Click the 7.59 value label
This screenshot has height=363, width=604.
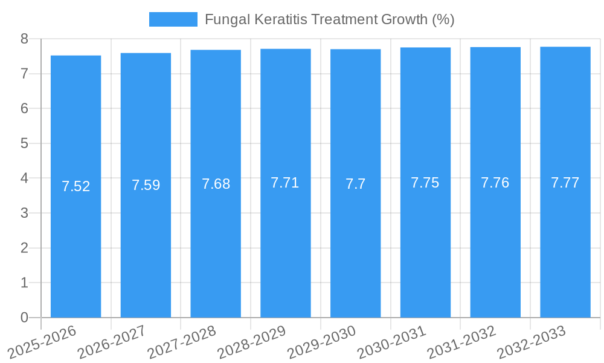pos(146,185)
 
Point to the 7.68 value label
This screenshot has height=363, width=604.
pos(216,184)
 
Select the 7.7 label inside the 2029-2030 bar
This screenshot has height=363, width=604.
pos(355,184)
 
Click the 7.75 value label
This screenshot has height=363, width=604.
pos(425,183)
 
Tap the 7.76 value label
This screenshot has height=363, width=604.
pos(495,183)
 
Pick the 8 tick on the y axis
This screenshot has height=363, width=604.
pos(24,39)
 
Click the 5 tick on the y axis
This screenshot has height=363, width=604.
pos(24,143)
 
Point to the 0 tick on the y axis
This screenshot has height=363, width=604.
pos(24,318)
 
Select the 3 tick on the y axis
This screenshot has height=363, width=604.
pos(24,213)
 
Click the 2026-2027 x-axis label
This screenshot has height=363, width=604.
pos(112,342)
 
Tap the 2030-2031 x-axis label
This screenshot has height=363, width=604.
pos(392,342)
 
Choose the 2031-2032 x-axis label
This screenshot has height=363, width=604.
pos(462,342)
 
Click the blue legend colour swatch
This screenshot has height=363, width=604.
pos(173,19)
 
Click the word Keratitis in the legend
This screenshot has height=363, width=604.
pos(281,19)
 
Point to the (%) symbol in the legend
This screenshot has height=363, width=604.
pos(443,19)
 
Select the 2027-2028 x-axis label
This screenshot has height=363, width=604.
pos(182,342)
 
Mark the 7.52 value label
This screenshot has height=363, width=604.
pos(75,186)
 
